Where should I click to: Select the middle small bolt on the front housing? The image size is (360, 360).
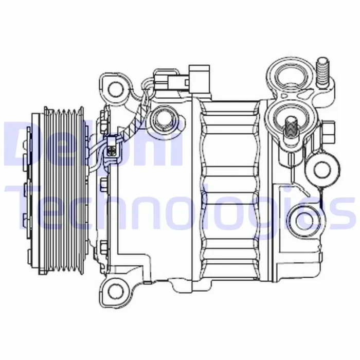click(105, 184)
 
